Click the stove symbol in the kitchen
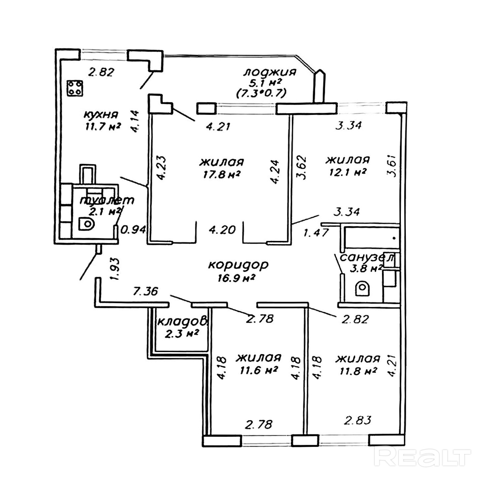tap(74, 88)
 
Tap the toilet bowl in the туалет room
tap(87, 224)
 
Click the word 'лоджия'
tap(270, 72)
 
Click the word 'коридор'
tap(238, 265)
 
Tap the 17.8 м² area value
tap(221, 174)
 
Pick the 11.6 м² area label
tap(258, 370)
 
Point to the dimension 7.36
tap(145, 291)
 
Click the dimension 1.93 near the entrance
tap(114, 270)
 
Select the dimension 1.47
tap(316, 233)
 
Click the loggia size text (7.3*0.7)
tap(261, 93)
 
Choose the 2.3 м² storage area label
tap(181, 333)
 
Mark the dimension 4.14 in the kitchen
tap(136, 121)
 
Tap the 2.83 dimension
tap(358, 420)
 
